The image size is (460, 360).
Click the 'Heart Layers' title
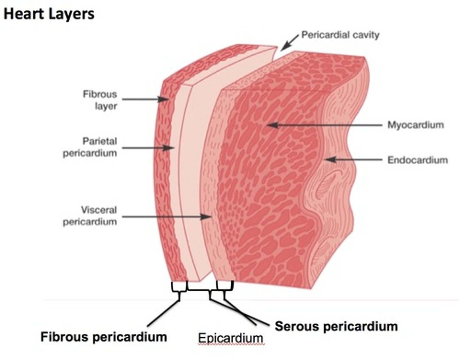49,14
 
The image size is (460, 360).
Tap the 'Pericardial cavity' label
340,35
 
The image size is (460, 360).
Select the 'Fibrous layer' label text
100,100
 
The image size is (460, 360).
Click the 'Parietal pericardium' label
90,147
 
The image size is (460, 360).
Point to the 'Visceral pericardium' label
90,216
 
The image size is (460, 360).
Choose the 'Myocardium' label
416,125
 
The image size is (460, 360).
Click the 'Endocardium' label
418,160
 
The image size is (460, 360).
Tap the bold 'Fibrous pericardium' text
103,337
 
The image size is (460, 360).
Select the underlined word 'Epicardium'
230,338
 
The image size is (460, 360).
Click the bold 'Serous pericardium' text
336,326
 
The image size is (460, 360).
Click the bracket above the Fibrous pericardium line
179,287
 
